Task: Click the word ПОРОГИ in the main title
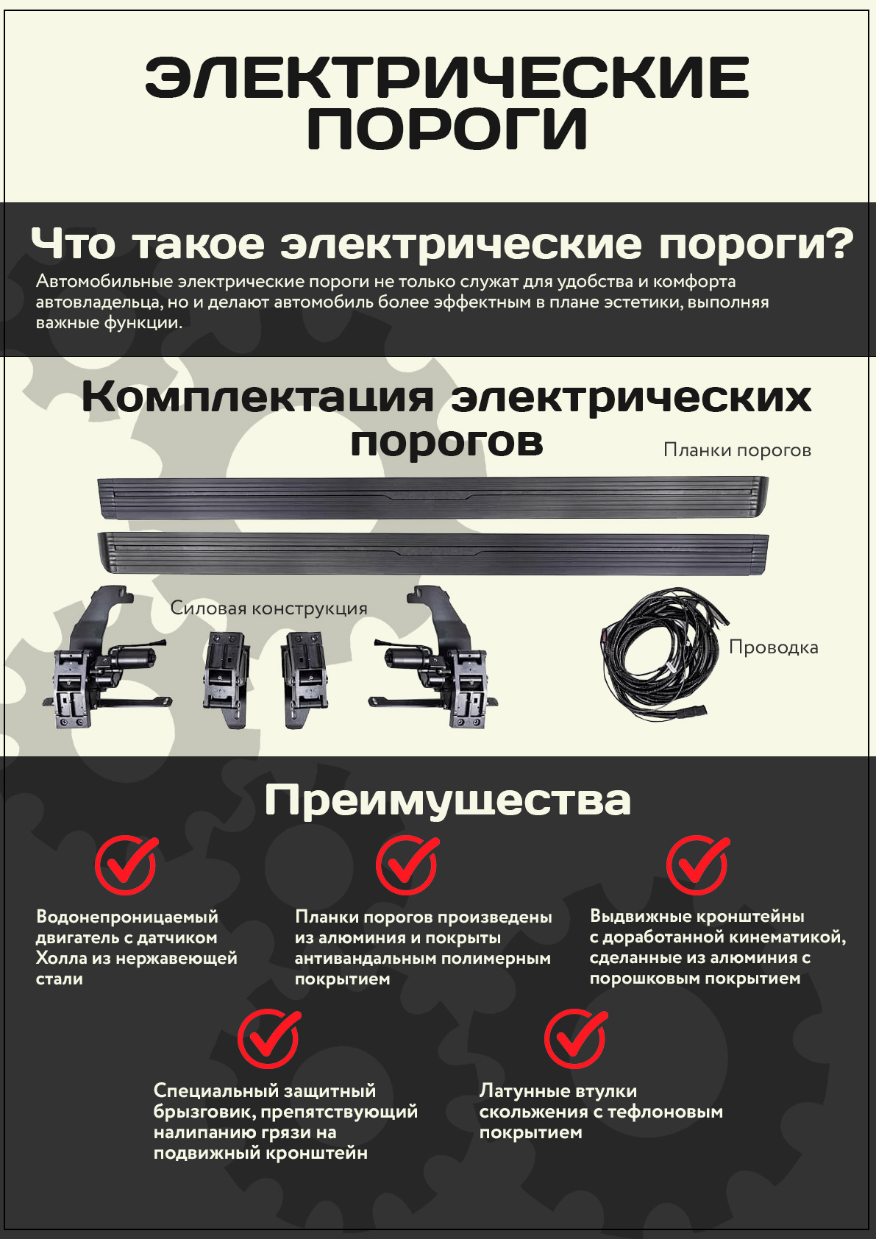pos(447,128)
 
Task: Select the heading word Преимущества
pos(447,801)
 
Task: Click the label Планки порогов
pos(737,450)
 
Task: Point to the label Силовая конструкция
pos(268,608)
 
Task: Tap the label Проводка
pos(773,647)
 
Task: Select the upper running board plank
pos(433,497)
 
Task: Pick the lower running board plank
pos(433,553)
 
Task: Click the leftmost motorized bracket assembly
pos(105,658)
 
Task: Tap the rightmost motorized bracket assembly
pos(434,658)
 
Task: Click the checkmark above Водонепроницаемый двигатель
pos(126,865)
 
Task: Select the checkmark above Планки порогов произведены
pos(407,865)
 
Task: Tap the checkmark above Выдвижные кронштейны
pos(697,865)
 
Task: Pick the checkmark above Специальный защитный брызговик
pos(268,1039)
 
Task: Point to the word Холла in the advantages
pos(59,958)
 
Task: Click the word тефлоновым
pos(666,1112)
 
